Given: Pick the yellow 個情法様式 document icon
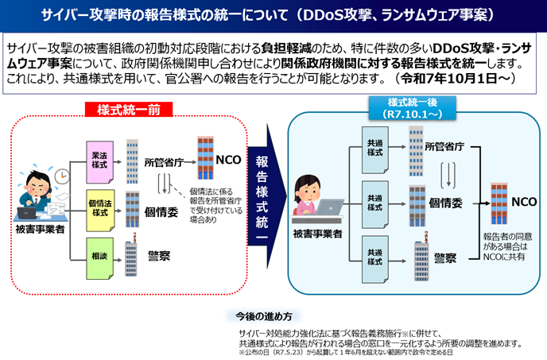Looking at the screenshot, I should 99,209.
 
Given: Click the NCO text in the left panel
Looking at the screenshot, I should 228,159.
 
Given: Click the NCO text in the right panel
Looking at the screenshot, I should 524,202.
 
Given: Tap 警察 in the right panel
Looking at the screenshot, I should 445,257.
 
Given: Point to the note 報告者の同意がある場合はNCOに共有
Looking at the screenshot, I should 507,246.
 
